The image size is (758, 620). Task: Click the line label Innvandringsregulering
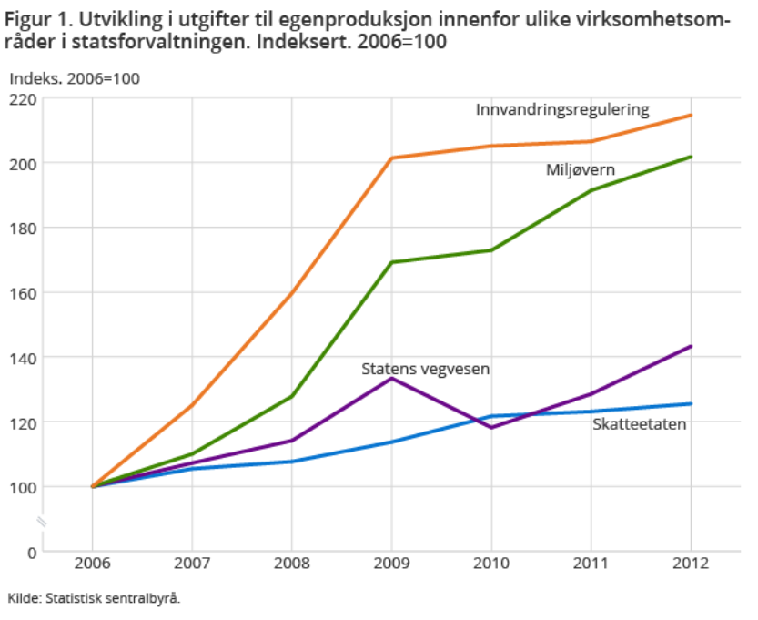pyautogui.click(x=562, y=110)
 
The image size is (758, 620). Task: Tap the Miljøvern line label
pyautogui.click(x=581, y=170)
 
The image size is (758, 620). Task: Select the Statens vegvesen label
pyautogui.click(x=426, y=369)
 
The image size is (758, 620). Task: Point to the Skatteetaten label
pyautogui.click(x=639, y=424)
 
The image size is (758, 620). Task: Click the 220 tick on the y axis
pyautogui.click(x=23, y=98)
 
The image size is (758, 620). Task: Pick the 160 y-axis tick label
pyautogui.click(x=23, y=293)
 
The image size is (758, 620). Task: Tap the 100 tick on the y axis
pyautogui.click(x=23, y=487)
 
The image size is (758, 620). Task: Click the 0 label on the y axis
pyautogui.click(x=31, y=553)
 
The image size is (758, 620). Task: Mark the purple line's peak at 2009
pyautogui.click(x=391, y=378)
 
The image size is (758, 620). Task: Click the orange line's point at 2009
pyautogui.click(x=391, y=158)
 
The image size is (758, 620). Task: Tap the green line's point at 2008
pyautogui.click(x=292, y=396)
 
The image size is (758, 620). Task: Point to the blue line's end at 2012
pyautogui.click(x=691, y=404)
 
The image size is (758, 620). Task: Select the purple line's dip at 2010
pyautogui.click(x=491, y=427)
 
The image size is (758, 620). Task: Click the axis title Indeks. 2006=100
pyautogui.click(x=75, y=78)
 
